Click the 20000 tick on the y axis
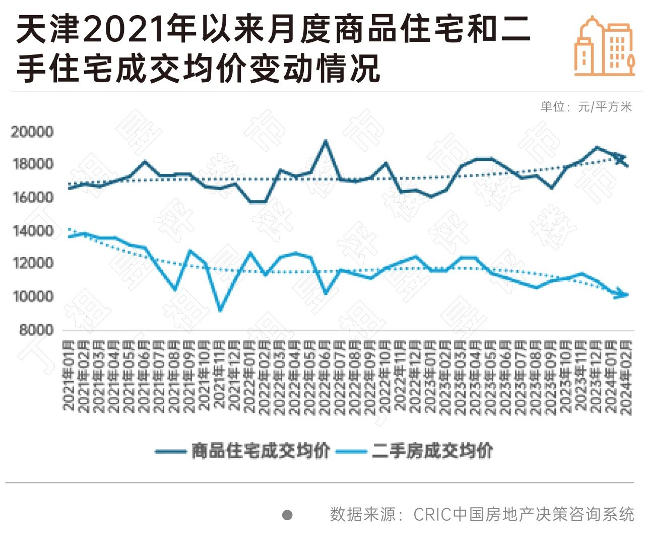[32, 132]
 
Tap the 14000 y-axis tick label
[32, 231]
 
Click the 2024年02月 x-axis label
[626, 378]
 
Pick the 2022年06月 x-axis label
[325, 378]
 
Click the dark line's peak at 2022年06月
[326, 141]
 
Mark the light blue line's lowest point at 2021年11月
[220, 310]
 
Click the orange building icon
[604, 46]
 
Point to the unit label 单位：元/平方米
[586, 106]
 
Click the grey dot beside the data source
[287, 515]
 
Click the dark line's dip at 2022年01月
[250, 202]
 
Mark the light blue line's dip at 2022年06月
[326, 292]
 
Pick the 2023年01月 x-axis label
[430, 378]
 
